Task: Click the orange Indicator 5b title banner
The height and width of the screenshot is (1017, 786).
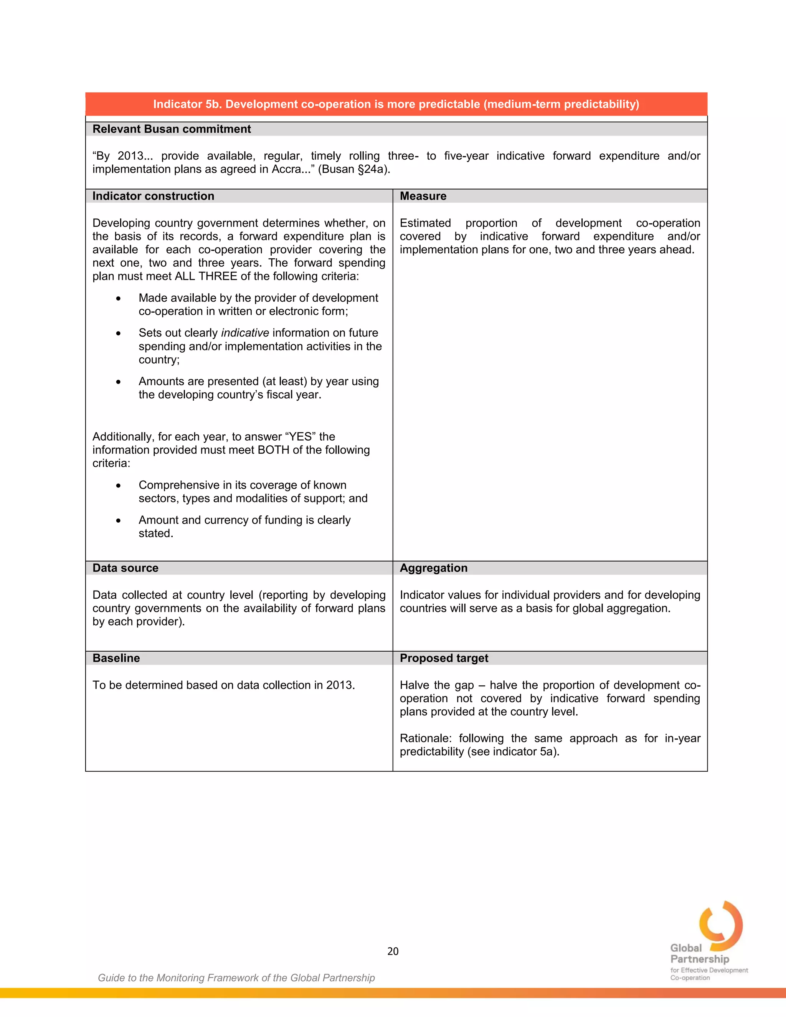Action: (396, 104)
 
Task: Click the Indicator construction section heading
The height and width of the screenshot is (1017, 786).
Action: (153, 196)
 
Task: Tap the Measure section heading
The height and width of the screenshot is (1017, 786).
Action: (423, 196)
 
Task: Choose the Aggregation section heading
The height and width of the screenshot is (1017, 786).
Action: (434, 568)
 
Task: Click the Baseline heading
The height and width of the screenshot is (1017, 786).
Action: (116, 658)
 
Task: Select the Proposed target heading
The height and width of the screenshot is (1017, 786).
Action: (444, 658)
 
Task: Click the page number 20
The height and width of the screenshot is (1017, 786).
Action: (393, 951)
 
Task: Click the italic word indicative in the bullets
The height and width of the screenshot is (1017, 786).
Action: (245, 333)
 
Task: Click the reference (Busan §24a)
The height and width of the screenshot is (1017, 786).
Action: (353, 169)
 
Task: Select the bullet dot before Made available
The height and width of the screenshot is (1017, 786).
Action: (118, 299)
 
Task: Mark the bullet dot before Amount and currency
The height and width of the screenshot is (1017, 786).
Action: (118, 521)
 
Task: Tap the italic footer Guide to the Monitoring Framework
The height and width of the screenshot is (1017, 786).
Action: (236, 978)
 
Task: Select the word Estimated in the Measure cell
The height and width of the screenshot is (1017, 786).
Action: (425, 223)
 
